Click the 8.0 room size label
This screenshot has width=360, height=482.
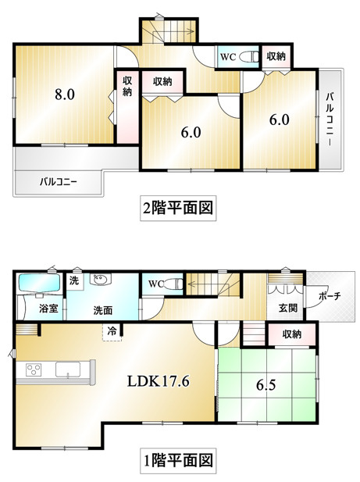tap(65, 95)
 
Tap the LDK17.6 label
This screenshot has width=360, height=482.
tap(159, 381)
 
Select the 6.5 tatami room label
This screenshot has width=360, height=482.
tap(266, 385)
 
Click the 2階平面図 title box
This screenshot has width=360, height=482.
tap(178, 208)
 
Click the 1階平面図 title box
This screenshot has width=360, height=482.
tap(178, 461)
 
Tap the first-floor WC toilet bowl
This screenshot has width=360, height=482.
tap(175, 284)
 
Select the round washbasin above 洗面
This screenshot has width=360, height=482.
tap(98, 279)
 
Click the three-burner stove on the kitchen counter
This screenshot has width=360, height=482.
tap(34, 369)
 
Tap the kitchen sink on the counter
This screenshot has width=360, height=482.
tap(68, 369)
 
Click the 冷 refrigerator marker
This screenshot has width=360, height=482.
tap(112, 332)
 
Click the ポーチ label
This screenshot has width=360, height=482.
tap(330, 296)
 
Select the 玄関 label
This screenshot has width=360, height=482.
tap(288, 308)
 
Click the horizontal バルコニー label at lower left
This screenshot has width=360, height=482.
tap(58, 182)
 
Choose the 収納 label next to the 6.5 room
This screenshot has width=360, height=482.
tap(292, 334)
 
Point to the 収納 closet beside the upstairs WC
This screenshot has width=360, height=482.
tap(276, 56)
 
